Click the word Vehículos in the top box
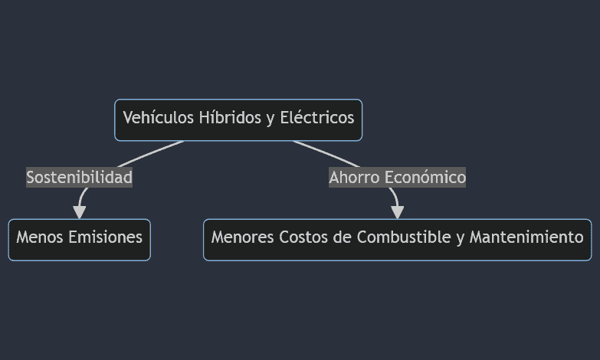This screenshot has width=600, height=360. click(158, 117)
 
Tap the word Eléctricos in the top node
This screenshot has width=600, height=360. click(317, 117)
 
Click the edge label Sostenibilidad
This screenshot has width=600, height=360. click(79, 178)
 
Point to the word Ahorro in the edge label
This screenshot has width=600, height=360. click(354, 178)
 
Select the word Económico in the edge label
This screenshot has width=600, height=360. click(425, 178)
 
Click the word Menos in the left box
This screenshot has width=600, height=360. click(40, 237)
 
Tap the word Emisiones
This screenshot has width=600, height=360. click(106, 237)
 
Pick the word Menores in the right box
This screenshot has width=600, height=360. click(243, 237)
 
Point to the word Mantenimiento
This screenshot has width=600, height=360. click(526, 237)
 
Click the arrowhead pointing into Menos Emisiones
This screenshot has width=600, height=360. click(79, 212)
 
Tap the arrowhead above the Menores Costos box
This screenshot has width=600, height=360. click(398, 212)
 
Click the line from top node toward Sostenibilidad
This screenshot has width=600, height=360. click(150, 154)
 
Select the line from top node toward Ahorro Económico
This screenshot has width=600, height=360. click(326, 154)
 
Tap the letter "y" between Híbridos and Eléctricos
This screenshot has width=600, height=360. click(271, 119)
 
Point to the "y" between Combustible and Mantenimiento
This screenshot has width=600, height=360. click(460, 238)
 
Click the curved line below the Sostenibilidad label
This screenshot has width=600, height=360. click(81, 196)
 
